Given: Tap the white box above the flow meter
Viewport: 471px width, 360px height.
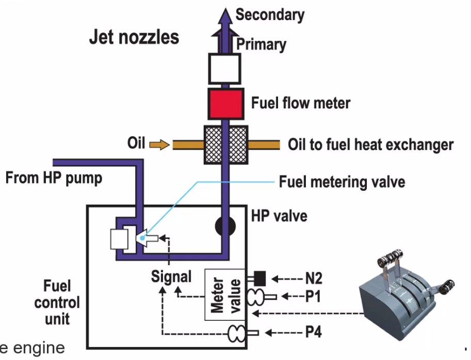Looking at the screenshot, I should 224,69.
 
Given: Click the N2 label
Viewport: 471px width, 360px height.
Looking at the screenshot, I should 313,279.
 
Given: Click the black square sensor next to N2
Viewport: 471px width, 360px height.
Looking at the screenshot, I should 259,279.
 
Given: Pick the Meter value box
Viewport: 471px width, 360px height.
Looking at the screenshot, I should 225,294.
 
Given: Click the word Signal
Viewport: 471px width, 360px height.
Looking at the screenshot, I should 171,276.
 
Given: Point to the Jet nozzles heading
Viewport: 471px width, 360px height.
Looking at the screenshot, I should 134,38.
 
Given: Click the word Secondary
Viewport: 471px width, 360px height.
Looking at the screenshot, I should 270,14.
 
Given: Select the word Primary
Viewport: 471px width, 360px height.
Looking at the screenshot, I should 261,44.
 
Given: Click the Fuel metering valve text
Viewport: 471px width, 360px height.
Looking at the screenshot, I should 342,182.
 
